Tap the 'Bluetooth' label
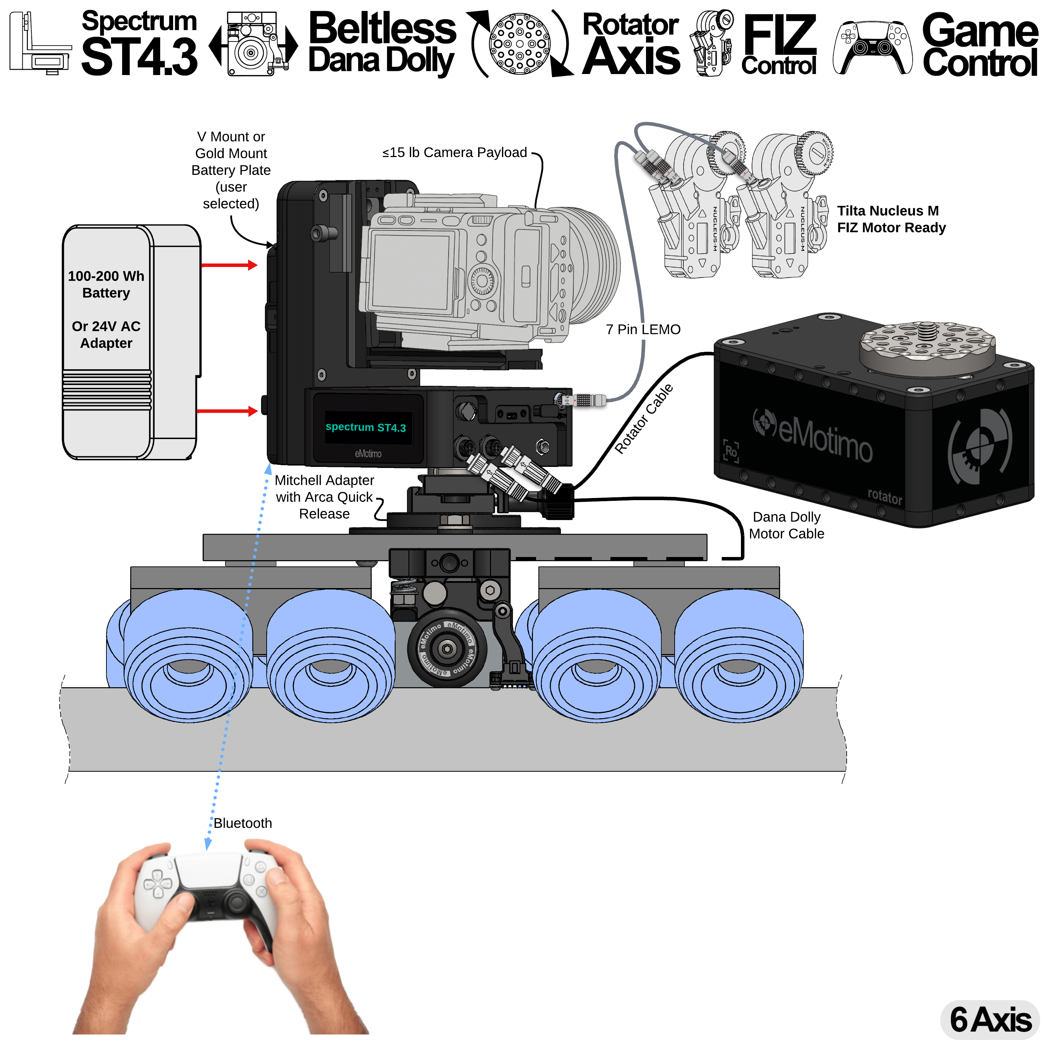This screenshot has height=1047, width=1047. (242, 823)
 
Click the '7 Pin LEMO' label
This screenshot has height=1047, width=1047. (643, 329)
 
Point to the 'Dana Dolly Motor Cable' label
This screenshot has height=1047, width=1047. (786, 525)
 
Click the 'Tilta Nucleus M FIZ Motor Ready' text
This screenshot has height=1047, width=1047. (891, 219)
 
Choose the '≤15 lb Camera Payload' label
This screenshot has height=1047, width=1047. (454, 153)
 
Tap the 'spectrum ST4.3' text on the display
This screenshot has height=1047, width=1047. (365, 427)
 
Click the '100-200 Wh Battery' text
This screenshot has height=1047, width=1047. (106, 284)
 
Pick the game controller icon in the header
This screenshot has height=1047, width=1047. (872, 48)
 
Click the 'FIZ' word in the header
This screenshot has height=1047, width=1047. (779, 34)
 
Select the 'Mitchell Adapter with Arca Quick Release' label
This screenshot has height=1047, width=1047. (324, 497)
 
